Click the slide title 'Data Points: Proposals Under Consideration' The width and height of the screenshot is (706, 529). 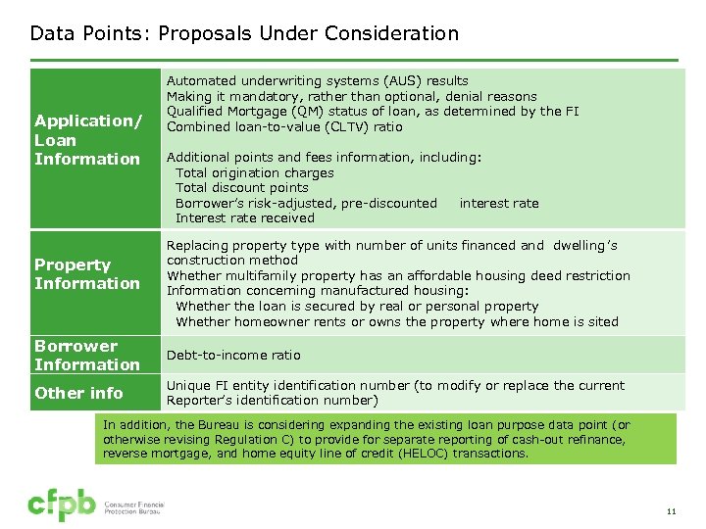tap(244, 33)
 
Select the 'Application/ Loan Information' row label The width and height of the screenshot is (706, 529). tap(87, 140)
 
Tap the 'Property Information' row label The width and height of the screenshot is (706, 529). tap(87, 274)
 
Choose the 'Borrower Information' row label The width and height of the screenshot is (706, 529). tap(87, 356)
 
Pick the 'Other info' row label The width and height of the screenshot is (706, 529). tap(78, 393)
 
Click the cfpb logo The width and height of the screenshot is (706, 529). tap(61, 505)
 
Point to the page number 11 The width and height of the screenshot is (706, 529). tap(672, 511)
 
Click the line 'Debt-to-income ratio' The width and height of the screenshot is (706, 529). tap(233, 355)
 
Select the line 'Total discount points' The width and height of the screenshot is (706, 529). tap(242, 188)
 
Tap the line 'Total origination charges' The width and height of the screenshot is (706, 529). tap(255, 173)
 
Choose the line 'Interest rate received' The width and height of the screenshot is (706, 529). tap(245, 218)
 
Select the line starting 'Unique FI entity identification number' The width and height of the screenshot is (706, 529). tap(395, 386)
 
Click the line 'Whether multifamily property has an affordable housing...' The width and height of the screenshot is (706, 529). tap(398, 276)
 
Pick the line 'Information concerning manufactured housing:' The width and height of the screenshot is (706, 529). tap(318, 291)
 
